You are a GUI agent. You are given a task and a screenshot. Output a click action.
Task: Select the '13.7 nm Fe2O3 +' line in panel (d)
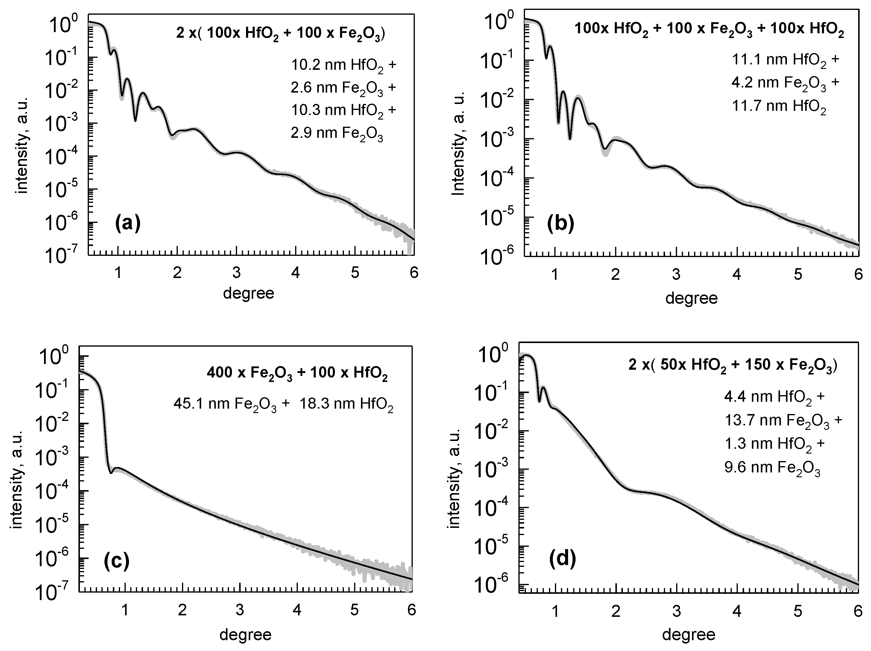click(x=783, y=421)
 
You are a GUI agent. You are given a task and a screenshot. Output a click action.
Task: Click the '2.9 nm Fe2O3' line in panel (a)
click(x=337, y=134)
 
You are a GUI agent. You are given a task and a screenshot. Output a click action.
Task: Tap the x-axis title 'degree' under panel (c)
click(x=245, y=635)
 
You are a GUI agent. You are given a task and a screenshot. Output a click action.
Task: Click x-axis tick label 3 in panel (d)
click(x=676, y=611)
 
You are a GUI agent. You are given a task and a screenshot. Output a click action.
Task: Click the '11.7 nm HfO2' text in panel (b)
click(x=779, y=107)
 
